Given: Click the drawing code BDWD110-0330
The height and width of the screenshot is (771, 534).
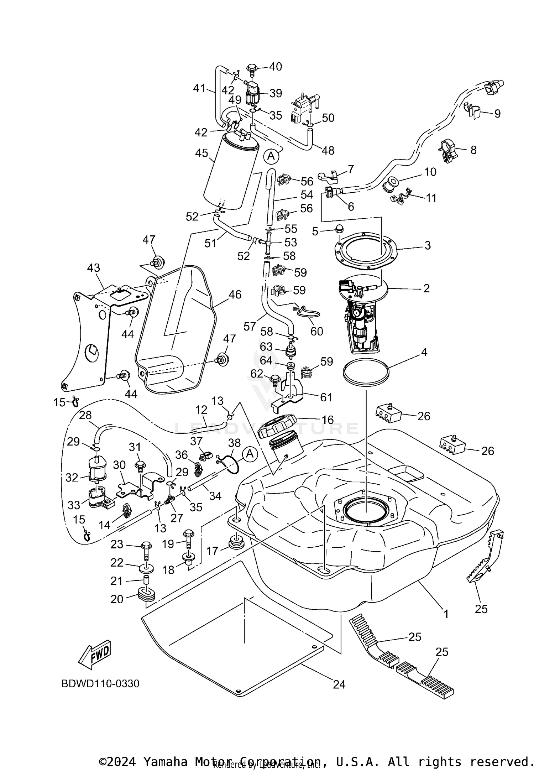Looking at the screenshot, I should click(100, 684).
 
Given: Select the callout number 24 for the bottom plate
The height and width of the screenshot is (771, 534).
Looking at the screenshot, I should click(339, 684).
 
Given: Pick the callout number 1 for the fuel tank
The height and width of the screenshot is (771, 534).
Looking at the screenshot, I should click(445, 614).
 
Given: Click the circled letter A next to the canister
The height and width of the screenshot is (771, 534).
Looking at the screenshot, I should click(271, 156).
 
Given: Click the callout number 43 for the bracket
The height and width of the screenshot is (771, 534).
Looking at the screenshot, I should click(94, 268).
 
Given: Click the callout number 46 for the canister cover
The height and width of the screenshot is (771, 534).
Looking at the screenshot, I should click(235, 295).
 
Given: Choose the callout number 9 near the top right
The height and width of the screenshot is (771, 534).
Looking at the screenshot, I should click(497, 114).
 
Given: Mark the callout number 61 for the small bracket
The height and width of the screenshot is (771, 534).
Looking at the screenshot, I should click(326, 397).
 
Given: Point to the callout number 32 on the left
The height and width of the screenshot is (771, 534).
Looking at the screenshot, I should click(72, 478).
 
